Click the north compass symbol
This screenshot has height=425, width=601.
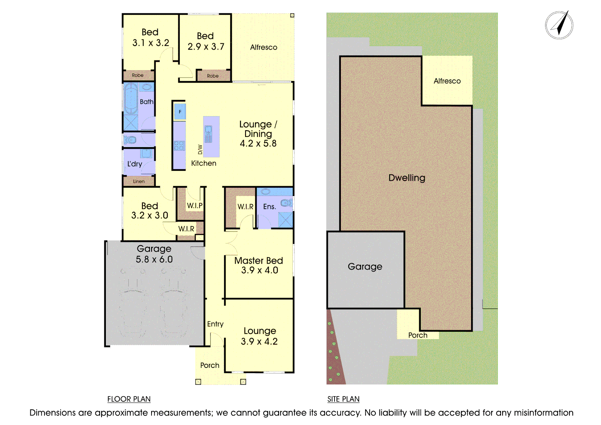click(559, 25)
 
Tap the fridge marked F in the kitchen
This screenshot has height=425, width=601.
click(180, 112)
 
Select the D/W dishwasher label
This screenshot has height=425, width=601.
click(200, 150)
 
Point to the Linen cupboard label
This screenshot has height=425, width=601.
click(139, 181)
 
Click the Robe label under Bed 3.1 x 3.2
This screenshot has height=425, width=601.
click(138, 75)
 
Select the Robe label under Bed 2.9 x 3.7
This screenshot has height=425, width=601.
click(213, 76)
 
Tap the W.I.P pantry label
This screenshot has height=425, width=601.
click(195, 205)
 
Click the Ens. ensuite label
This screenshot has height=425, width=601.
click(269, 207)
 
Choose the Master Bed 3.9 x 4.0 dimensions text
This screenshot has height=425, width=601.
click(259, 270)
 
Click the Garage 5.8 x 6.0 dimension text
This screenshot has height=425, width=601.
click(154, 259)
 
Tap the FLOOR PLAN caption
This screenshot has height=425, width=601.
click(129, 399)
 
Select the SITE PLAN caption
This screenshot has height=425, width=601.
click(343, 399)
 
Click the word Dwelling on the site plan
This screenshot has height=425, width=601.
click(407, 178)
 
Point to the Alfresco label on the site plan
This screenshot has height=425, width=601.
click(447, 81)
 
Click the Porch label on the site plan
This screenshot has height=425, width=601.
click(418, 335)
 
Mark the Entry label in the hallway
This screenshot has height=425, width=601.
click(215, 324)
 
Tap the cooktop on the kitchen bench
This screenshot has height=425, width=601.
click(179, 146)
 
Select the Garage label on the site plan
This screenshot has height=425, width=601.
click(365, 267)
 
